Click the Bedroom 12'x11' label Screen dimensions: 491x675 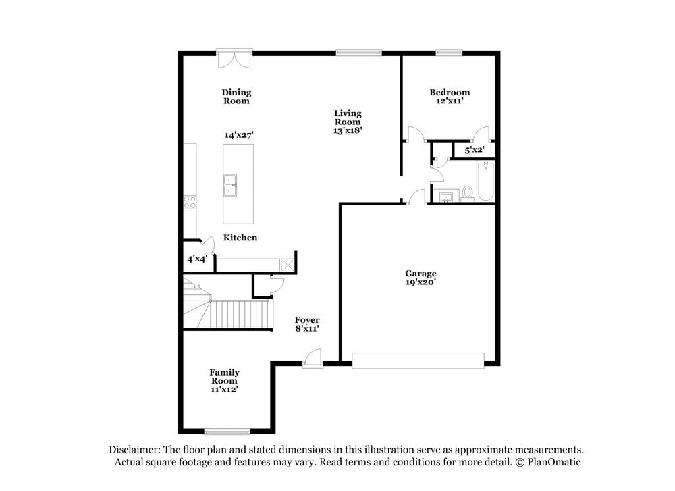click(450, 97)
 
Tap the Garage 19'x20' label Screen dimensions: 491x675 click(421, 278)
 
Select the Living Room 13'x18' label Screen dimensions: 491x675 click(348, 122)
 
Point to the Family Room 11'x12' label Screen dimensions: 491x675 click(224, 381)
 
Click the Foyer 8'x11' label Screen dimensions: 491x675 click(307, 324)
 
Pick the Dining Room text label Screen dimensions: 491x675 click(236, 97)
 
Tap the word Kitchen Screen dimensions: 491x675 click(240, 238)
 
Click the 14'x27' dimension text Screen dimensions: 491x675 click(239, 135)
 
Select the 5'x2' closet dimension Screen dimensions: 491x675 click(475, 149)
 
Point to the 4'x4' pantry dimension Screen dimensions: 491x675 click(196, 259)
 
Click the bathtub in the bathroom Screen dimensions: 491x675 click(485, 182)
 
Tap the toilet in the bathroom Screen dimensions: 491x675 click(467, 194)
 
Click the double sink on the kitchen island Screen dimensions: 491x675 click(231, 185)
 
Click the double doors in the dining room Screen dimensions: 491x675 click(234, 59)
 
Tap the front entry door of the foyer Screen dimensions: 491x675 click(313, 359)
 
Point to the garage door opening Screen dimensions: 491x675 click(418, 360)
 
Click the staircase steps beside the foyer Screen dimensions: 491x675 click(240, 314)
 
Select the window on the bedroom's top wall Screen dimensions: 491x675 click(448, 53)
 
